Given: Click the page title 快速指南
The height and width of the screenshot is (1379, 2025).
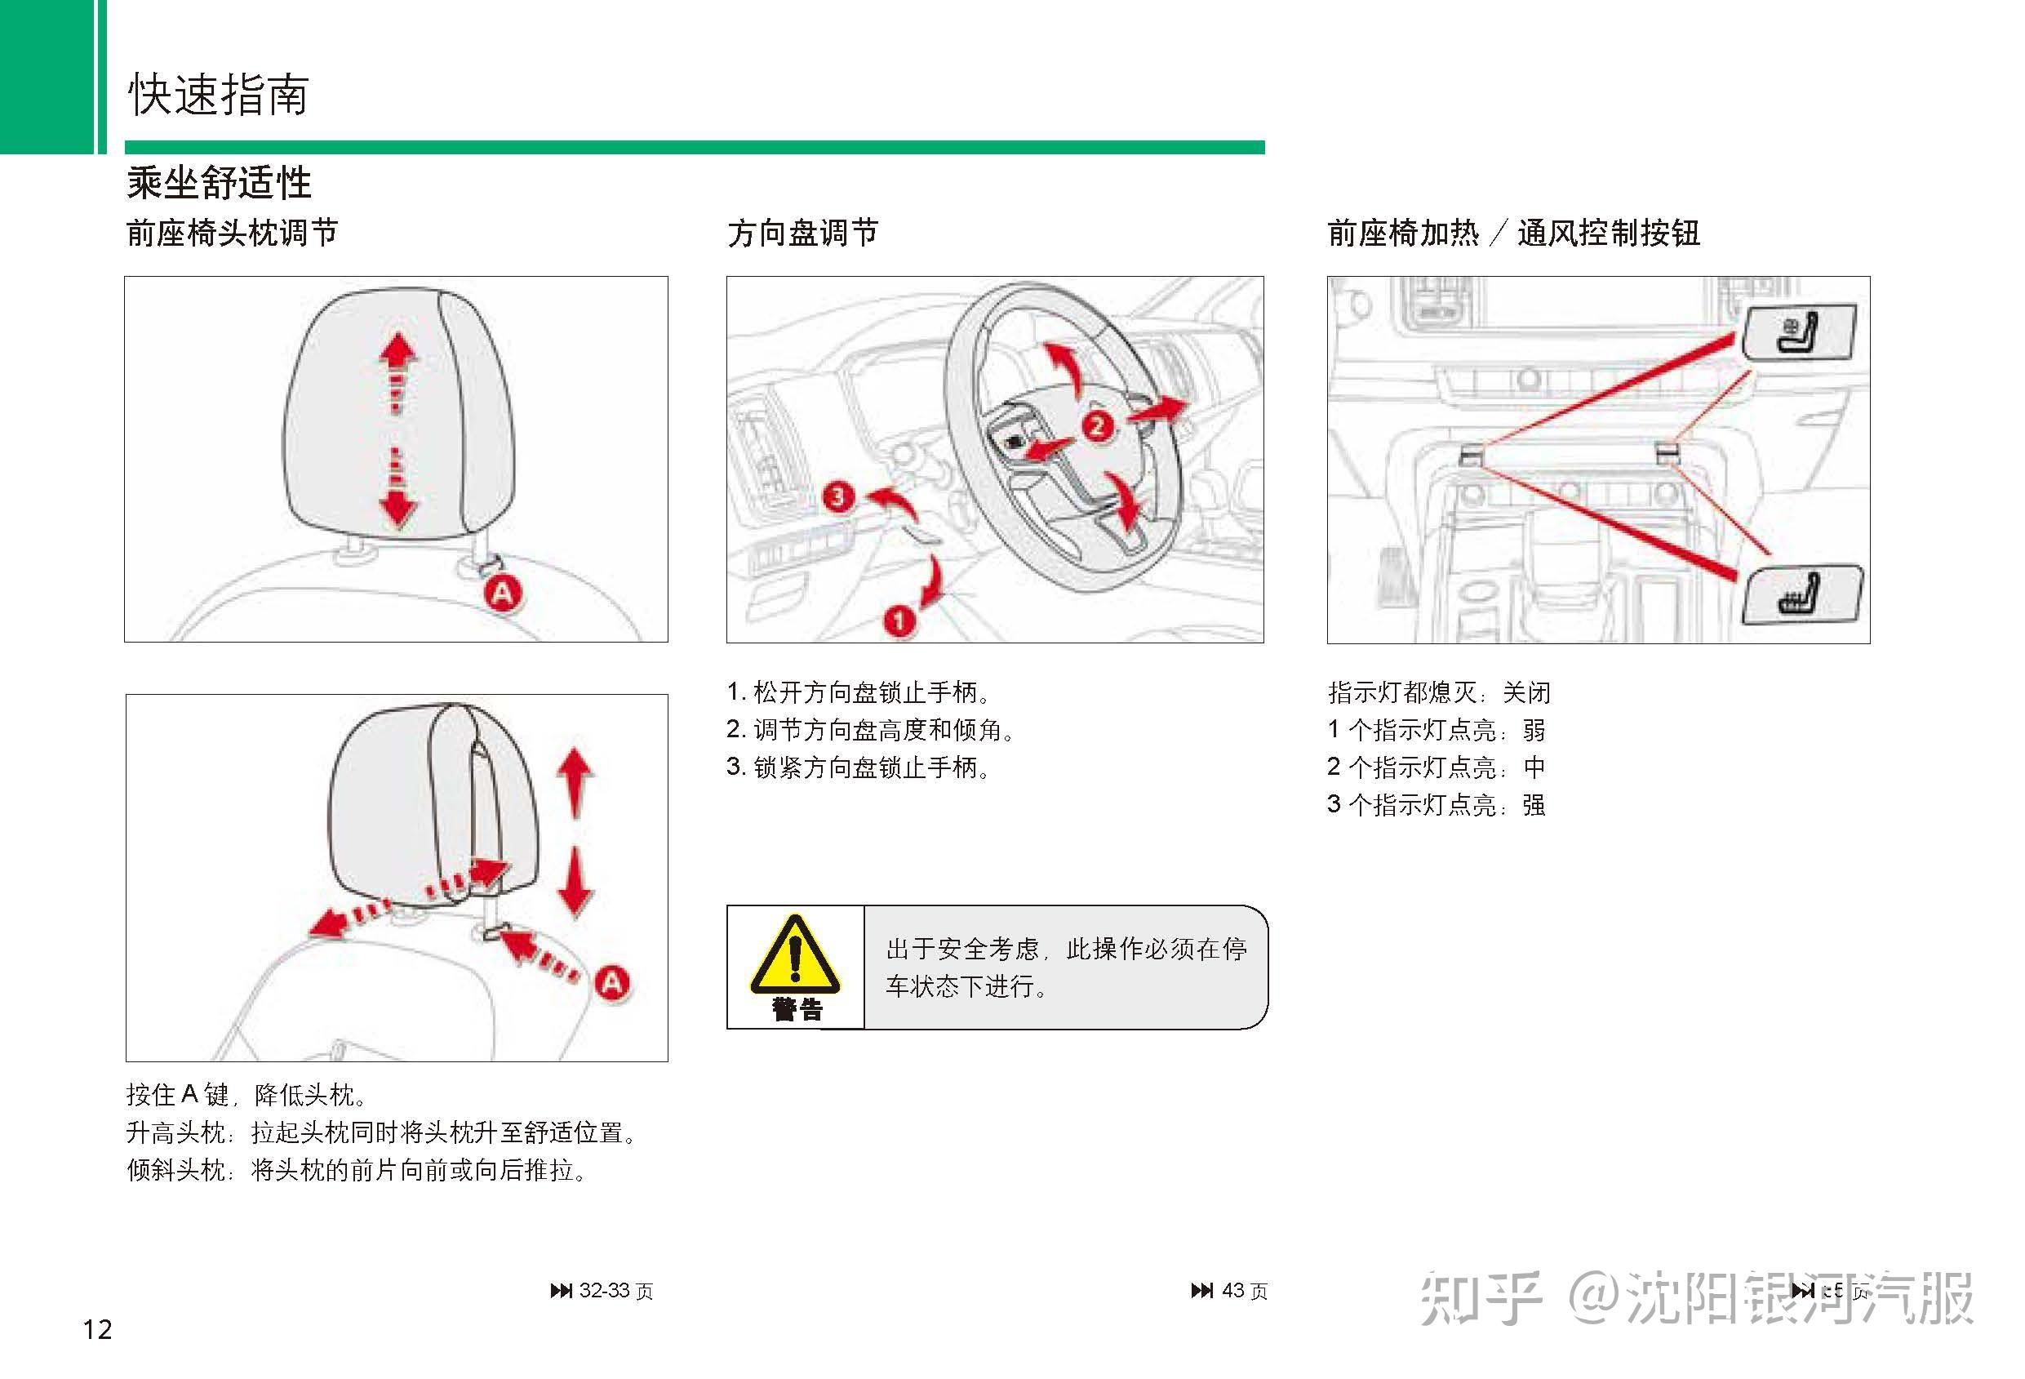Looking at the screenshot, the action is (218, 94).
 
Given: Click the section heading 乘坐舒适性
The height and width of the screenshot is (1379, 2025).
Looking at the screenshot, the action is (219, 183).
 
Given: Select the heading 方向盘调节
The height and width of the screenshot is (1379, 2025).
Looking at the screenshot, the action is (802, 234).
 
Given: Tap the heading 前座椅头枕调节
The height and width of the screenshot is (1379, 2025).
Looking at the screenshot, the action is (232, 234).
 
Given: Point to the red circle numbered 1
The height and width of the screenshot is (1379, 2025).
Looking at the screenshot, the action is (899, 621).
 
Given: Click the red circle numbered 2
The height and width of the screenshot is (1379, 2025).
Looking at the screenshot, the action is (1097, 426).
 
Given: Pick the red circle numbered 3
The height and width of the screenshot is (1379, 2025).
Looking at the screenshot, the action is (837, 497).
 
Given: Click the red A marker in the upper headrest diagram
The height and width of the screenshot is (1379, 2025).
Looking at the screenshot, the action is (503, 594).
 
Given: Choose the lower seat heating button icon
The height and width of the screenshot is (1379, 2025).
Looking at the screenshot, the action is (1801, 595).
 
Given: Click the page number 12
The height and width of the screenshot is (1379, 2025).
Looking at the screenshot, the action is (98, 1329).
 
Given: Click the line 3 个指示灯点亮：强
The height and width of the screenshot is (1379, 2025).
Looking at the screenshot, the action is (1436, 804).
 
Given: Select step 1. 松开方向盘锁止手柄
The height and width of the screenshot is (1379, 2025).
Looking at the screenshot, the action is (859, 693).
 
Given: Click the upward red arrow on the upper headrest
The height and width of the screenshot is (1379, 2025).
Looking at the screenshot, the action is (398, 353).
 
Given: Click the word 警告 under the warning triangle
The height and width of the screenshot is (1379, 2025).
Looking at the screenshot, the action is (797, 1010).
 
